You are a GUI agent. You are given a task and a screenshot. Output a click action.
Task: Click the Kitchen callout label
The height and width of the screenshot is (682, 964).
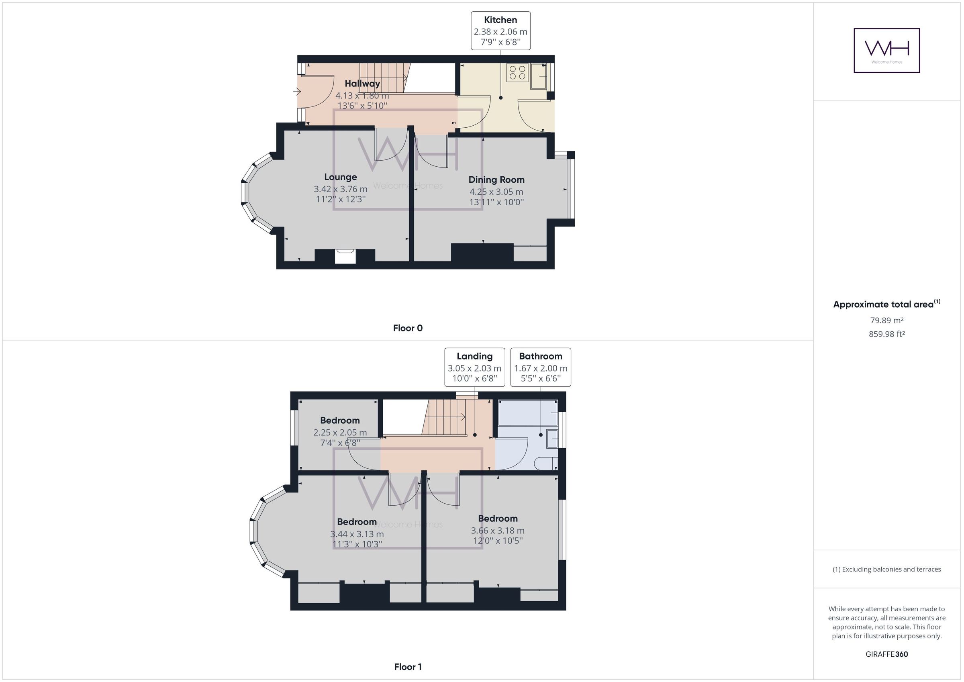[500, 20]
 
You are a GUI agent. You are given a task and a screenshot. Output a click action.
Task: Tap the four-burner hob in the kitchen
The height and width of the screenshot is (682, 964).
[517, 73]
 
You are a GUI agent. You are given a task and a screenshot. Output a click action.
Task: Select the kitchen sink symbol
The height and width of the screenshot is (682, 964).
[538, 76]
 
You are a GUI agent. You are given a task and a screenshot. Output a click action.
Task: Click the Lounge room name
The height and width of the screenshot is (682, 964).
[341, 177]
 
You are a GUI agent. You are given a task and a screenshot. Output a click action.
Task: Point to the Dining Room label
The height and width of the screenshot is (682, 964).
[496, 180]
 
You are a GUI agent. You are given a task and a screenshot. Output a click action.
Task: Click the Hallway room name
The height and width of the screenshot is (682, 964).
[362, 84]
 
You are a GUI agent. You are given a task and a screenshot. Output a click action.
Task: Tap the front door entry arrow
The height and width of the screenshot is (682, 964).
[297, 91]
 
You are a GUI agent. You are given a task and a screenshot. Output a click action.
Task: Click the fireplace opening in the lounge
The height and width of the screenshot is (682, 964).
[345, 256]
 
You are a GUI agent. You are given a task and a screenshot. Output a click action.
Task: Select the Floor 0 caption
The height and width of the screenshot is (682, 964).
[408, 329]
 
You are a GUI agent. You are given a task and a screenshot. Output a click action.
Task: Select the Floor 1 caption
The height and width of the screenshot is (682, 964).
[408, 667]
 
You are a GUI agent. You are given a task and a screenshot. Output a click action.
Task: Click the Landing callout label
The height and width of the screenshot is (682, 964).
[474, 356]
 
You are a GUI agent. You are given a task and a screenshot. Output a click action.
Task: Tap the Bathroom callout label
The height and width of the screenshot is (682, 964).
[540, 356]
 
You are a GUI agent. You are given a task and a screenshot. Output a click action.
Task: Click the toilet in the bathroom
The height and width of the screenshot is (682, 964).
[546, 464]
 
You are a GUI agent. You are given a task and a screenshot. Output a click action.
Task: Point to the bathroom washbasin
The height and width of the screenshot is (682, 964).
[552, 439]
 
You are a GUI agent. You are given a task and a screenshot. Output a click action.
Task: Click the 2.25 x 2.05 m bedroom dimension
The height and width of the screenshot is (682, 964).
[340, 433]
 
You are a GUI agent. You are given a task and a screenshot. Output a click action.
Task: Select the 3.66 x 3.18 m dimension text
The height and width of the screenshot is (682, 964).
[498, 531]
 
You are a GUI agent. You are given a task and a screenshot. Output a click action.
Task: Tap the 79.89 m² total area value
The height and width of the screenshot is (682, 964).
[887, 321]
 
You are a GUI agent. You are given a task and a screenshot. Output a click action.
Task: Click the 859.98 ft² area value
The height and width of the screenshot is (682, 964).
[887, 334]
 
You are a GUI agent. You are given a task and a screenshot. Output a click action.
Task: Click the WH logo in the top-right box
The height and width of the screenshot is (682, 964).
[887, 50]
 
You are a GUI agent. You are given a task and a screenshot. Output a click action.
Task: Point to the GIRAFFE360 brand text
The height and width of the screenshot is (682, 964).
[887, 654]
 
